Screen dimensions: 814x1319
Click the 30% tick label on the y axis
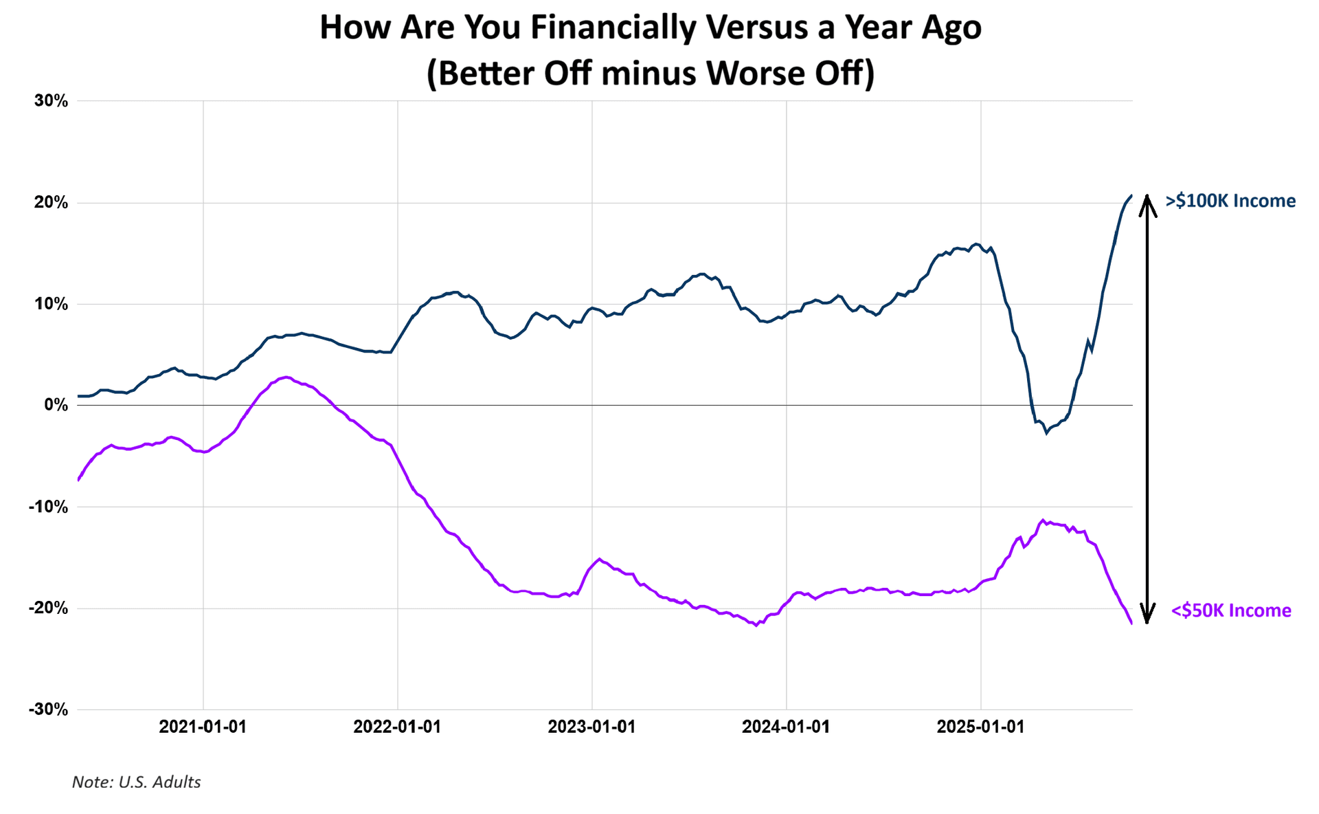point(52,101)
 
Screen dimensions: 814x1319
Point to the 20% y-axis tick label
point(52,203)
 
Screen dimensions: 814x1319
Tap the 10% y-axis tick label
point(52,304)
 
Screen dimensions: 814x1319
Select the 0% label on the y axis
point(56,405)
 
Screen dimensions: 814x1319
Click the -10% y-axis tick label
point(48,507)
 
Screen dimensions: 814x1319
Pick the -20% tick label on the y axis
point(48,608)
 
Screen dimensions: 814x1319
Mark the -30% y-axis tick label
point(48,709)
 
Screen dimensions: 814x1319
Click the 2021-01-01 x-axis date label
point(203,727)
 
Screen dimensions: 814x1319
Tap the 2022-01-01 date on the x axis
point(397,727)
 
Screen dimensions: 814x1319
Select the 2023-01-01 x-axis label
point(591,727)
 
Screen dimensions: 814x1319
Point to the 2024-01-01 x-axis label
point(786,727)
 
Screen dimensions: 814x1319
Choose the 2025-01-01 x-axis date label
point(980,727)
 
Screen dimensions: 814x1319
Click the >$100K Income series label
point(1230,201)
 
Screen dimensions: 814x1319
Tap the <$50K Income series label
point(1230,610)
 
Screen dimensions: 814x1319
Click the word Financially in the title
point(614,27)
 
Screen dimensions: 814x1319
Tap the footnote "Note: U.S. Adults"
point(136,782)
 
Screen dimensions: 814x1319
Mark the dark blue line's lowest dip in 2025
point(1046,433)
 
